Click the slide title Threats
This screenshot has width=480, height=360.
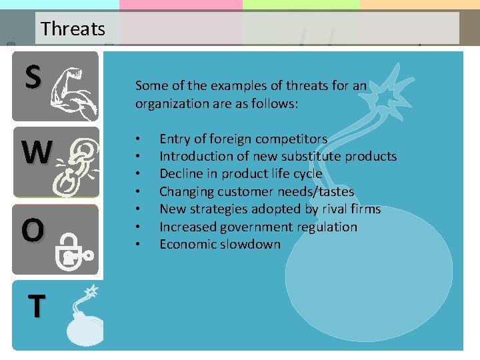pos(73,29)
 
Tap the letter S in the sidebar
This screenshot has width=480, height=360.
pos(33,77)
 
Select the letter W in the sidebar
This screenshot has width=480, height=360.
pos(36,153)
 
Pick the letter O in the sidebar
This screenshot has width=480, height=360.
pos(33,231)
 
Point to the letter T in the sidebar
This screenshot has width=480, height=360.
pos(36,306)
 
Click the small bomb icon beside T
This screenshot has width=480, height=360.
pos(84,320)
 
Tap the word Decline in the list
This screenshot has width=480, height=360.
pos(181,173)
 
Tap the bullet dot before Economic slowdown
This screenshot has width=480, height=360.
pos(137,245)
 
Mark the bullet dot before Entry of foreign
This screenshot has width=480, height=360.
pos(137,139)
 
